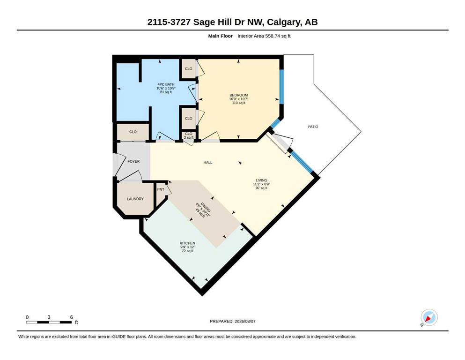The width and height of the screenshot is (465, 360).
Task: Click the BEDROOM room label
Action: tap(238, 95)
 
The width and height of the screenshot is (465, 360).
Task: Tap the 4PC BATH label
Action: tap(166, 84)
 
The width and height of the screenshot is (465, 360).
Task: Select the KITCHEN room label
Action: tap(187, 243)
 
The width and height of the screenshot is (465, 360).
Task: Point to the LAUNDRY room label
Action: tap(135, 199)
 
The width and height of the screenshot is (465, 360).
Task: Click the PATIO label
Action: tap(313, 127)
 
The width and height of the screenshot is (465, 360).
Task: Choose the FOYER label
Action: tap(133, 161)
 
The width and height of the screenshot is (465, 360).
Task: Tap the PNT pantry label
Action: tap(161, 189)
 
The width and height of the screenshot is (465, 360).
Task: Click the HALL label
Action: tap(208, 163)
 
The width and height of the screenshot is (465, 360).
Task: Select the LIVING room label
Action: tap(261, 180)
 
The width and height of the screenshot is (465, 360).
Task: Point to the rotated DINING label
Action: tap(206, 207)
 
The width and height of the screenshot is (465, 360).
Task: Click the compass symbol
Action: tap(429, 317)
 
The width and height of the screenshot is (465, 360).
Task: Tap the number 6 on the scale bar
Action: tap(72, 317)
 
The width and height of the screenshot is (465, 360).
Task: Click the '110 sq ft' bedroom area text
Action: tap(239, 103)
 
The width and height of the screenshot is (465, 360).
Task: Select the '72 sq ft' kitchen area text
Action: tap(187, 251)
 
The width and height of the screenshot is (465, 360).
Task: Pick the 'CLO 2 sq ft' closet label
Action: tap(189, 135)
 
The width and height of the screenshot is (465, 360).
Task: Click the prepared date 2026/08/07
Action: tap(245, 321)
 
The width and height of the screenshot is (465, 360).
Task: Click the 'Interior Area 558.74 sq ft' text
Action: tap(264, 36)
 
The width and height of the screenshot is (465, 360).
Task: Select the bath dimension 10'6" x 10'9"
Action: tap(166, 88)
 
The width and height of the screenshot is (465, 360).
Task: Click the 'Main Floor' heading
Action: tap(221, 36)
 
